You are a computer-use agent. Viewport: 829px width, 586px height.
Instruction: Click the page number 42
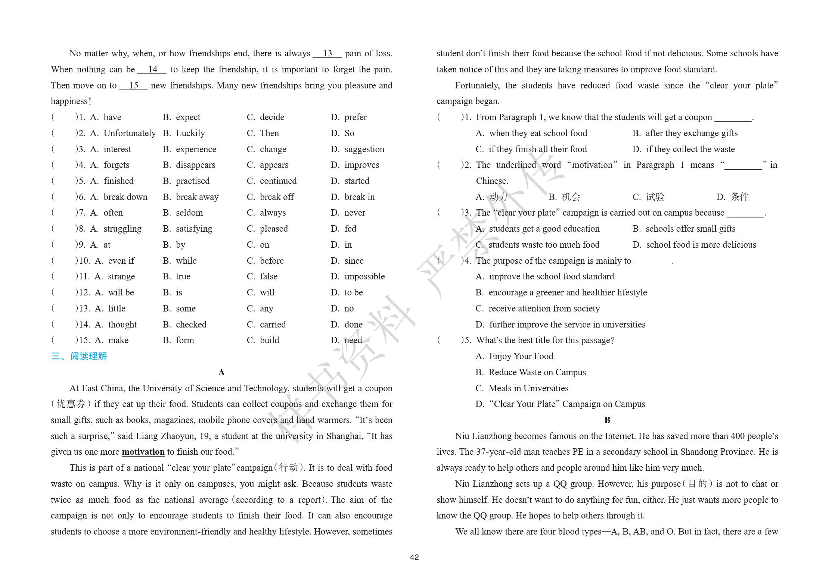(414, 557)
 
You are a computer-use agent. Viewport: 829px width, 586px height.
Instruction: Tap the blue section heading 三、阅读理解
(79, 356)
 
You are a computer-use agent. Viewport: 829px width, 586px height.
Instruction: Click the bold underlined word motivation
(143, 452)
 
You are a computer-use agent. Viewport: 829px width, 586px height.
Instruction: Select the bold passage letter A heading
(221, 372)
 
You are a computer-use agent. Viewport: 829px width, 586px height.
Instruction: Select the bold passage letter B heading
(607, 420)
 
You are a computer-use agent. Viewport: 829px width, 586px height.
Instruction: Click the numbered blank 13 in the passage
(327, 54)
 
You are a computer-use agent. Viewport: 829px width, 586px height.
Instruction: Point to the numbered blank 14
(152, 70)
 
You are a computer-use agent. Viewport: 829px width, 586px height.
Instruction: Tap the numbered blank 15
(133, 86)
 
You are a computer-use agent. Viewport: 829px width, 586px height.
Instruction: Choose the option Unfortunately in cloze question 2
(130, 133)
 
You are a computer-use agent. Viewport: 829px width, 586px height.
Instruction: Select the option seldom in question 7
(189, 213)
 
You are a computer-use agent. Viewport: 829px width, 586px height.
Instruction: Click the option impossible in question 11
(364, 276)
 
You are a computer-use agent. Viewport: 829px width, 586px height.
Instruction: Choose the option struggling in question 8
(122, 229)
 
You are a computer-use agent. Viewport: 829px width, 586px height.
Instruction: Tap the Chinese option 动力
(498, 197)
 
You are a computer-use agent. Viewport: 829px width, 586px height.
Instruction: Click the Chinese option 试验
(655, 197)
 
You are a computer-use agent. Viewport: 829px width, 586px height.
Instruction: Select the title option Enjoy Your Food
(521, 356)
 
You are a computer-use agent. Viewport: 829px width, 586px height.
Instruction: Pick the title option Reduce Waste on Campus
(537, 372)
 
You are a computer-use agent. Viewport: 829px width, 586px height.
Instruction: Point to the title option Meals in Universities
(528, 388)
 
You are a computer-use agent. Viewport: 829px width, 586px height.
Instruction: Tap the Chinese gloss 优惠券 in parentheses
(71, 404)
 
